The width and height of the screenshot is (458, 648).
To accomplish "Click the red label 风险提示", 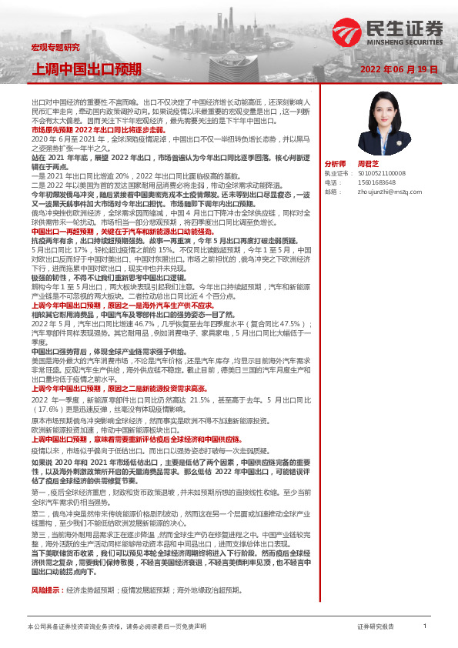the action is pos(46,590).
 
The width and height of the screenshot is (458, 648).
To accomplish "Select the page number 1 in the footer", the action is pos(424,626).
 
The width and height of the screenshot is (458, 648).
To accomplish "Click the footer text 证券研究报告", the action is pos(376,627).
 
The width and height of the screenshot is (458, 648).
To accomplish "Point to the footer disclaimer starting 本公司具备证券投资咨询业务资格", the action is pos(116,627).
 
